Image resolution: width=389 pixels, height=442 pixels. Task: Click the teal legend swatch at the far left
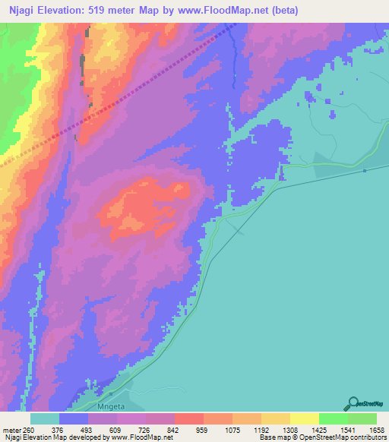tap(45, 418)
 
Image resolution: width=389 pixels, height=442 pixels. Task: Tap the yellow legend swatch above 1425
tap(305, 418)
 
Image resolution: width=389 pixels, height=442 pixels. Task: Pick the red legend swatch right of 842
tap(189, 418)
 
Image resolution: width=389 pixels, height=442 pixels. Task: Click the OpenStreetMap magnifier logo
tap(352, 403)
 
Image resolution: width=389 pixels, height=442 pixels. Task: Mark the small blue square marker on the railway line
tap(365, 171)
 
